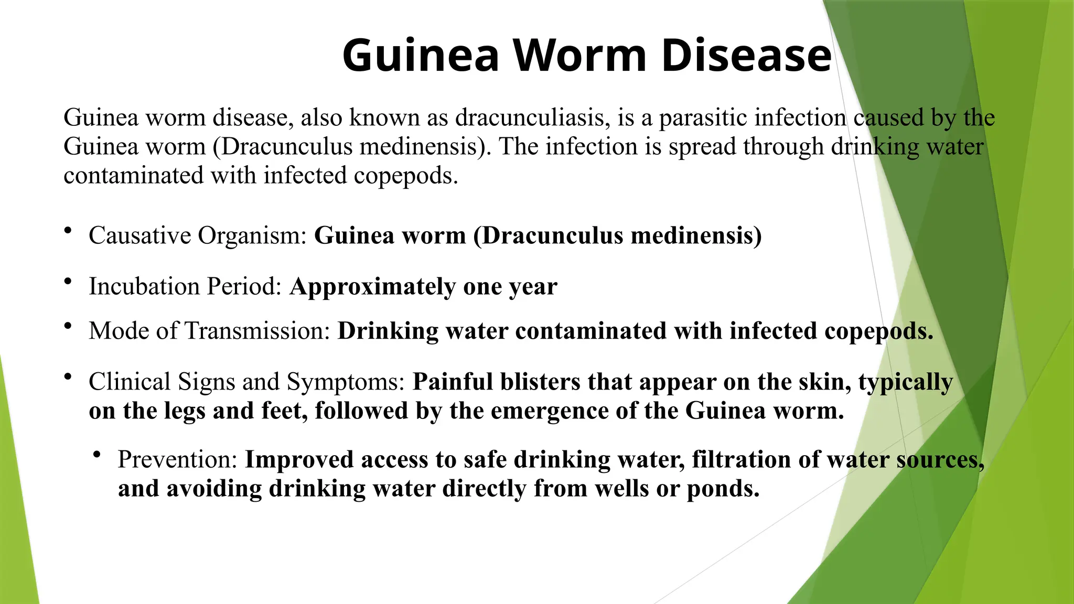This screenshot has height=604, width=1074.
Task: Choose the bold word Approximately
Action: (372, 287)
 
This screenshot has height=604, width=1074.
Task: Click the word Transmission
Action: (257, 331)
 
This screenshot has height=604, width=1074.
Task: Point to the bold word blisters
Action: (540, 382)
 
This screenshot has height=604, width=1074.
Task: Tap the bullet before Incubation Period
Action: (68, 282)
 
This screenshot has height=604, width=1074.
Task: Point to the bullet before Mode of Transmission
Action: (68, 327)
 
